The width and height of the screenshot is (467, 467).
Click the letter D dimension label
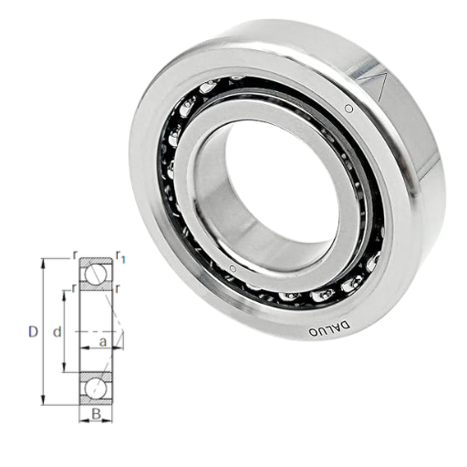pyautogui.click(x=33, y=332)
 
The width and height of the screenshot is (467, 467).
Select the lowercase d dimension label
pyautogui.click(x=57, y=332)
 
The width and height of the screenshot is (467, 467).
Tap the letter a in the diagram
pyautogui.click(x=103, y=342)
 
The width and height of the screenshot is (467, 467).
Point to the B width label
pyautogui.click(x=96, y=414)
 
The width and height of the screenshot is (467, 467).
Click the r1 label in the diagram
pyautogui.click(x=120, y=257)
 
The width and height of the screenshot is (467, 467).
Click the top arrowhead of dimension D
pyautogui.click(x=44, y=264)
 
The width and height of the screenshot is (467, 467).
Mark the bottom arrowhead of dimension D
pyautogui.click(x=44, y=400)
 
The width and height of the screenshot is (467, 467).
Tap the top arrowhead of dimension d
pyautogui.click(x=65, y=296)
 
